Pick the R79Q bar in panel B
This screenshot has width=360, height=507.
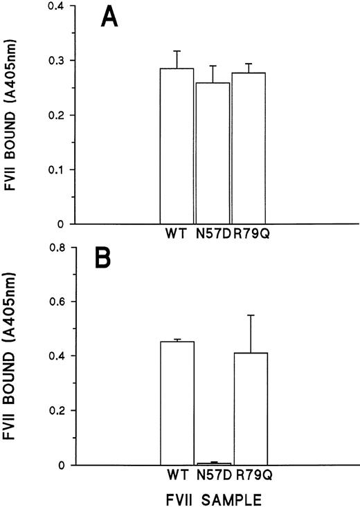[x=249, y=408]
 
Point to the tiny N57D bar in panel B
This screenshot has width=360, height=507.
[x=213, y=463]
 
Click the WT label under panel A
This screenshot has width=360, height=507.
[x=176, y=234]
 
